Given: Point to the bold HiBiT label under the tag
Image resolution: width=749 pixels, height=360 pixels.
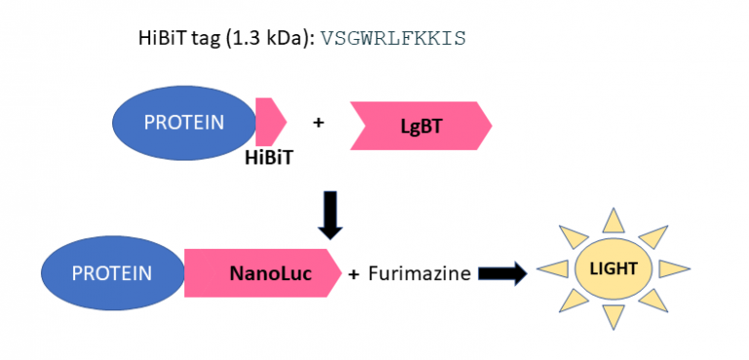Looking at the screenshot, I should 269,155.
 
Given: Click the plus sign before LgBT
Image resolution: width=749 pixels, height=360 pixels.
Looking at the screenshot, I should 318,123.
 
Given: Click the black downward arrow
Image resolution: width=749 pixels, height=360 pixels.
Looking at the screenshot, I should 332,216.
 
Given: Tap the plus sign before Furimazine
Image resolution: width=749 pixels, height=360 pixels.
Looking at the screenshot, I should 353,274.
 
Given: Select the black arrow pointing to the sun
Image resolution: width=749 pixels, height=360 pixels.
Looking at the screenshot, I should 500,274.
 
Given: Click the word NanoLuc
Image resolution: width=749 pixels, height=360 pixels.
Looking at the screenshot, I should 270,274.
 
